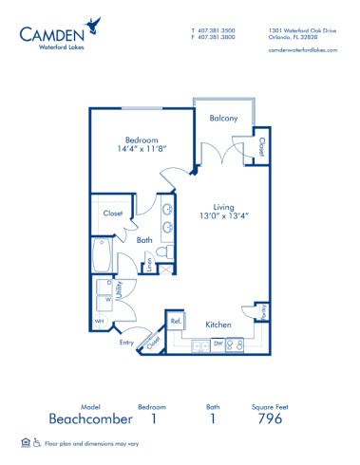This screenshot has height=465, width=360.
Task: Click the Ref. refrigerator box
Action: tap(176, 322)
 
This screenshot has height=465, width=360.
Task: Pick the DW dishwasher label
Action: tap(218, 343)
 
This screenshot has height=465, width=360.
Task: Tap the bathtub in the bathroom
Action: tap(102, 254)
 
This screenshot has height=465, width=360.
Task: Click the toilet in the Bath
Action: tap(164, 251)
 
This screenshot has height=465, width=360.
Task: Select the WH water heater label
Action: tap(99, 321)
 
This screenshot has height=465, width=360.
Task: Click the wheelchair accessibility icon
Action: tap(37, 442)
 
